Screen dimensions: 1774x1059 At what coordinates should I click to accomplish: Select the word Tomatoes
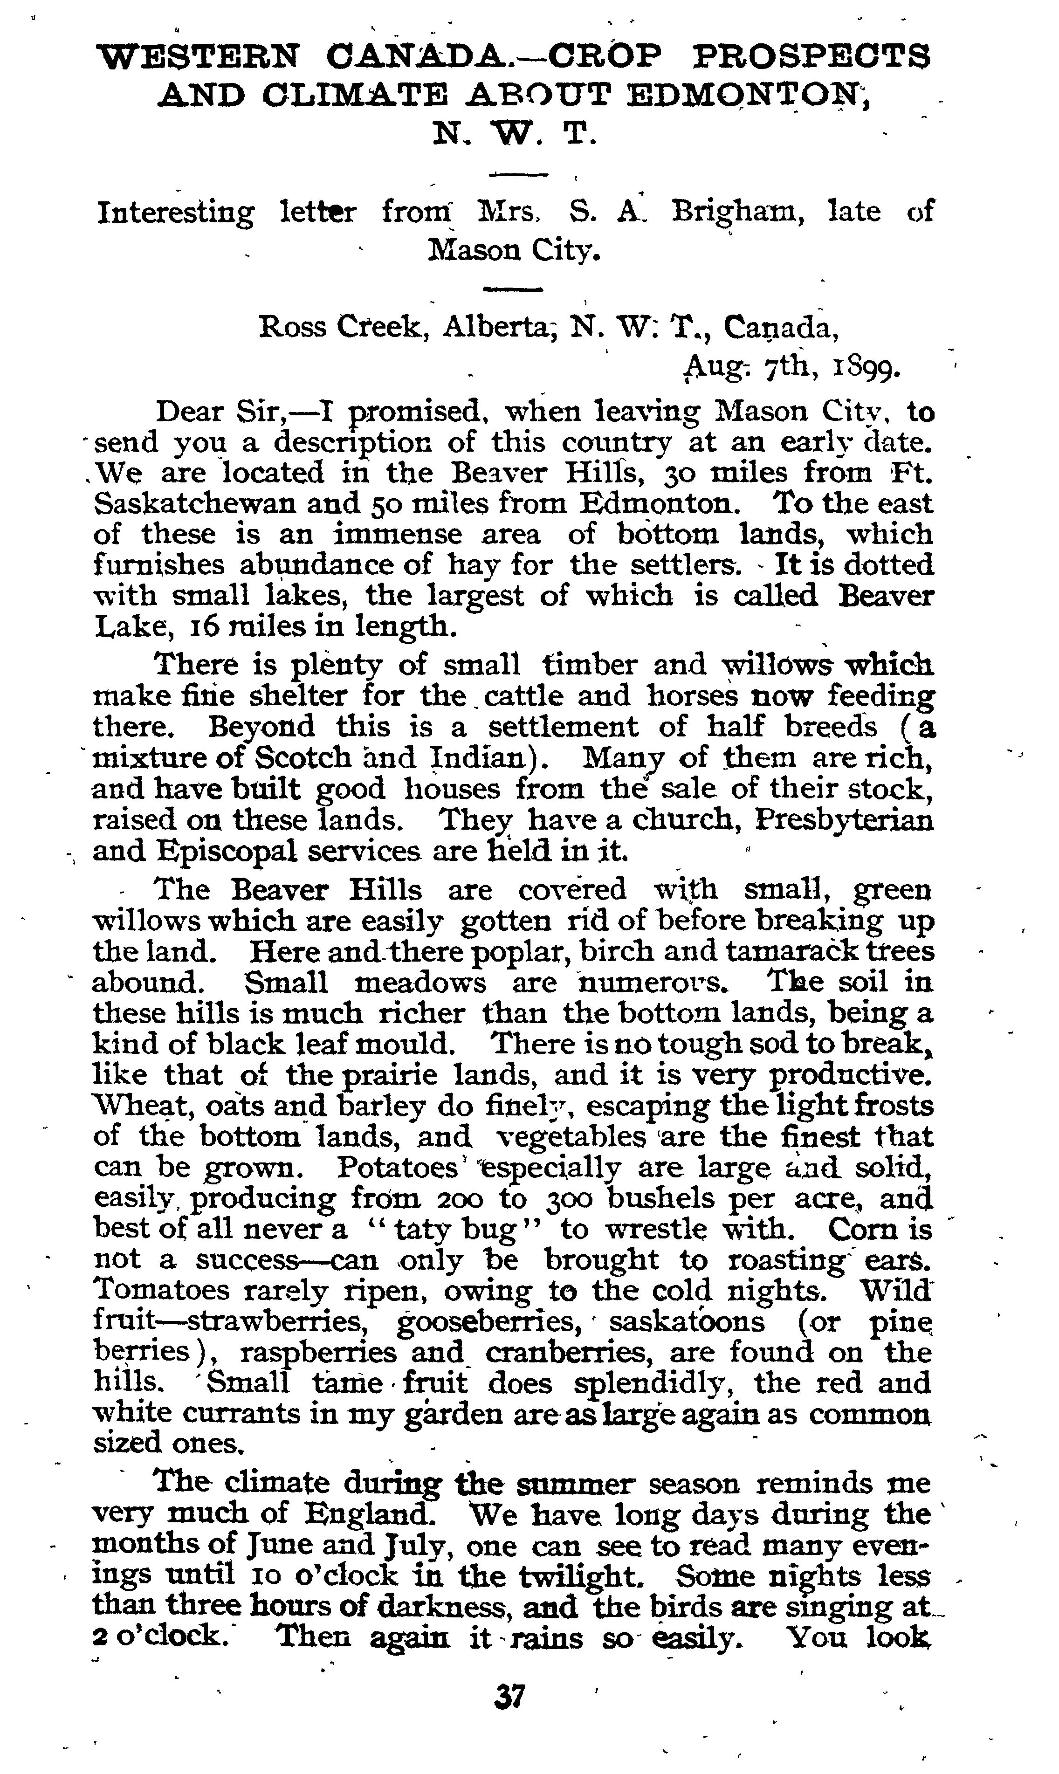pos(161,1290)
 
